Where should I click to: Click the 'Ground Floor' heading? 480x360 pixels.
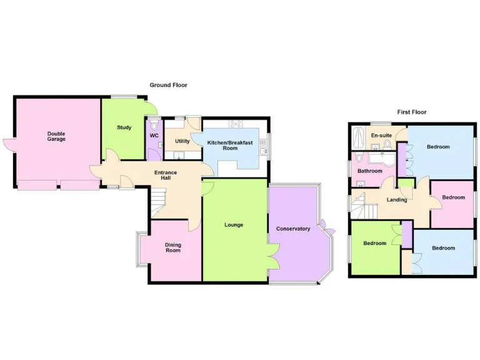[168, 85]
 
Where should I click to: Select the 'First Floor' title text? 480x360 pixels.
[411, 112]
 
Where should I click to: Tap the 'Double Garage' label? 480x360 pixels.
[56, 136]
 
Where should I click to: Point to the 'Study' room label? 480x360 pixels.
[124, 127]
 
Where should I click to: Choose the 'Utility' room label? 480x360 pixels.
[182, 141]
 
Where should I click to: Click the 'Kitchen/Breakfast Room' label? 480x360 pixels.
[231, 145]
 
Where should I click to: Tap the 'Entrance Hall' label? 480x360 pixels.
[166, 176]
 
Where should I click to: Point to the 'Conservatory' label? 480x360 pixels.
[293, 229]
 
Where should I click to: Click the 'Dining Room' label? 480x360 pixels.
[172, 247]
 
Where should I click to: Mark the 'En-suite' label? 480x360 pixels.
[381, 136]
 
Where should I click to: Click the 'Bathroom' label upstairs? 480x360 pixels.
[369, 171]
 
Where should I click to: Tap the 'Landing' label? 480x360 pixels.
[397, 200]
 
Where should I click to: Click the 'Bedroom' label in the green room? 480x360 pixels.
[375, 243]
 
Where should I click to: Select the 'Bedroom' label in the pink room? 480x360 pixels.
[453, 197]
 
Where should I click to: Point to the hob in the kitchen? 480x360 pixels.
[236, 123]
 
